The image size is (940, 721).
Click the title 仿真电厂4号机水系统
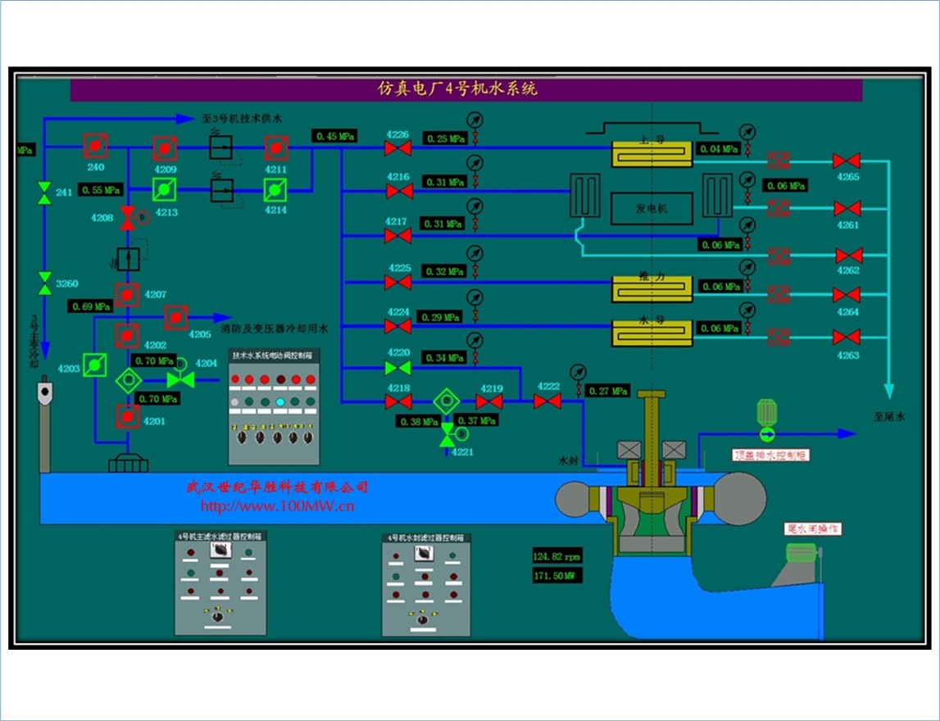[x=457, y=89]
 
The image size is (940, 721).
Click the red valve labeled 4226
[x=398, y=148]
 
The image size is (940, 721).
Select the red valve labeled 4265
[x=847, y=161]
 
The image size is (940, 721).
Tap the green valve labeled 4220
[x=398, y=368]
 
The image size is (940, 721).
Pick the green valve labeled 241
[x=44, y=193]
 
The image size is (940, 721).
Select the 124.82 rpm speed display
[x=557, y=556]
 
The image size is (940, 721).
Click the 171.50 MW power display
[x=555, y=576]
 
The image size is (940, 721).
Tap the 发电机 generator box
[x=652, y=208]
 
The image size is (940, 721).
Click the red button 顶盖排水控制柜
[x=770, y=454]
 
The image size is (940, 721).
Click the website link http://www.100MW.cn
[x=277, y=506]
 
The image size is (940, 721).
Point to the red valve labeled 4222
[x=547, y=401]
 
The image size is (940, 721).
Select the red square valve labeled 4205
[x=176, y=317]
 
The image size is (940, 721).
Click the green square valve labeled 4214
[x=275, y=191]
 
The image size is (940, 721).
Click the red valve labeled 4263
[x=847, y=337]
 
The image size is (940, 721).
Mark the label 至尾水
[x=889, y=417]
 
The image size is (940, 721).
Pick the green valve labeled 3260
[x=44, y=283]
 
